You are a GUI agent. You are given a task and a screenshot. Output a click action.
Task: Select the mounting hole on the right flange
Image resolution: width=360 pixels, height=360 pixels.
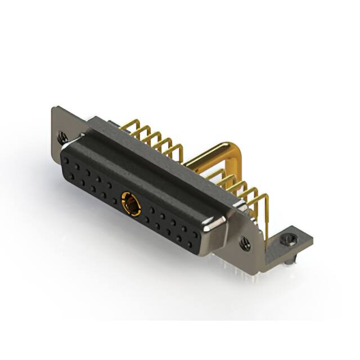245,243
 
